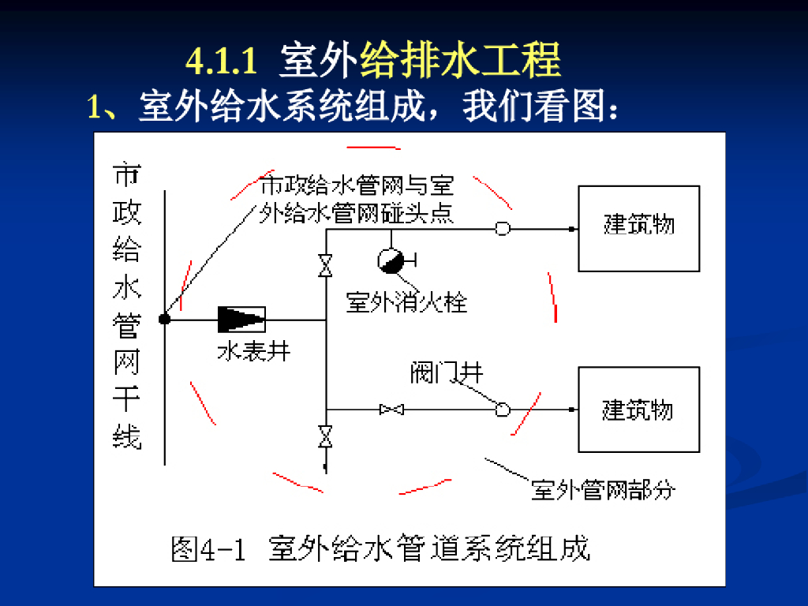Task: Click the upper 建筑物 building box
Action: coord(638,228)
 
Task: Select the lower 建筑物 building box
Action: coord(638,409)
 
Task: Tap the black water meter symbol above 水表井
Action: coord(241,319)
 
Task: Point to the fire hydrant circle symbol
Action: coord(390,260)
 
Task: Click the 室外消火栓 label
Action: coord(407,301)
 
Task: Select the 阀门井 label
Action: coord(446,373)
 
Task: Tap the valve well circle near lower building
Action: coord(502,410)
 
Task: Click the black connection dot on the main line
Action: coord(164,319)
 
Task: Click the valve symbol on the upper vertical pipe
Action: coord(325,265)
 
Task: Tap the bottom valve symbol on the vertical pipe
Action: coord(325,436)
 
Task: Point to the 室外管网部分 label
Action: coord(604,491)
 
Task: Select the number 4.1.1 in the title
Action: coord(222,62)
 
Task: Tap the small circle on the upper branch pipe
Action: coord(502,229)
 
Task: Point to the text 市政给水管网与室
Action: coord(357,186)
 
